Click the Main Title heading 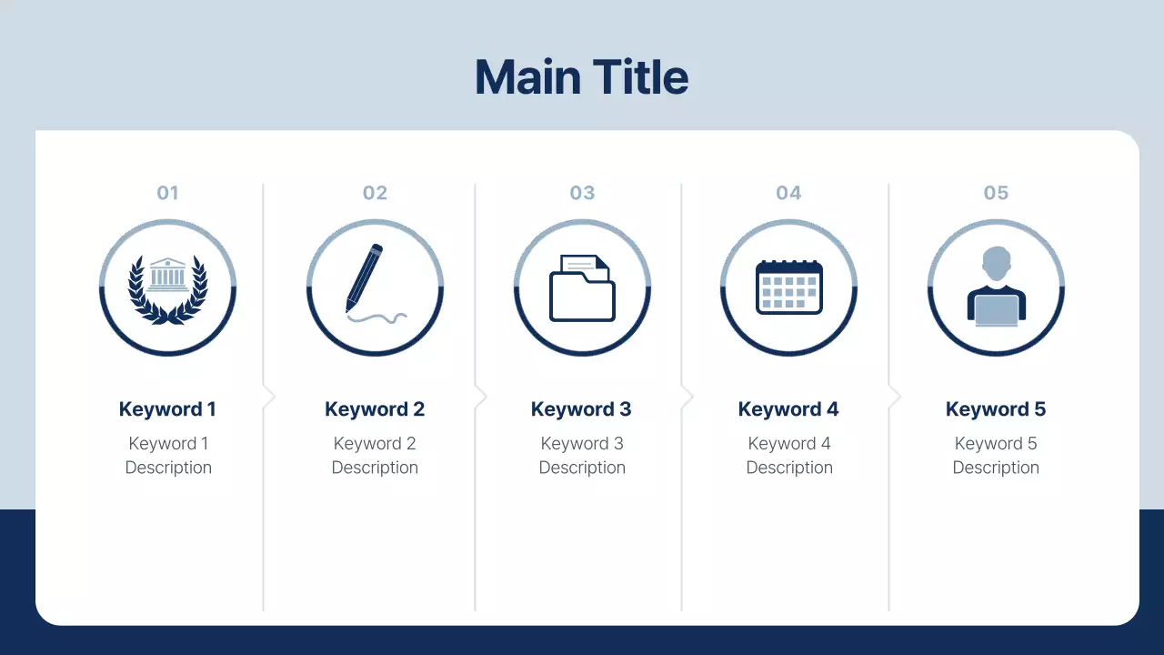(x=582, y=77)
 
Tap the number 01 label (x=168, y=193)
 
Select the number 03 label (x=582, y=193)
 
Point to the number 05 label (x=996, y=193)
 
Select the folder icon (x=582, y=288)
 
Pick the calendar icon (x=789, y=287)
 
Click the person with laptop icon (x=996, y=287)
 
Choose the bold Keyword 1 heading (x=167, y=409)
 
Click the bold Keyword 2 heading (x=375, y=409)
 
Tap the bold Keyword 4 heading (x=788, y=409)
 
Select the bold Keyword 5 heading (x=996, y=409)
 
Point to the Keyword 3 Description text (x=582, y=456)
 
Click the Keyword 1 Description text (x=168, y=456)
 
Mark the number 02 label (x=375, y=193)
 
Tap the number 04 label (x=788, y=193)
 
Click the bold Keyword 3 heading (x=581, y=409)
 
